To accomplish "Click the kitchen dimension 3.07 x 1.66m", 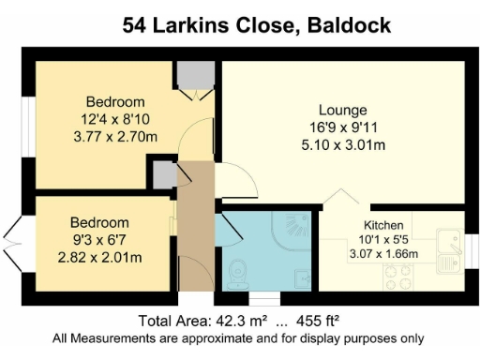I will tap(383, 254).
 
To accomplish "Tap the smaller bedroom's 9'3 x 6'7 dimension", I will tap(99, 239).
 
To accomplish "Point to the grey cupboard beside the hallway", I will tap(164, 174).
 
